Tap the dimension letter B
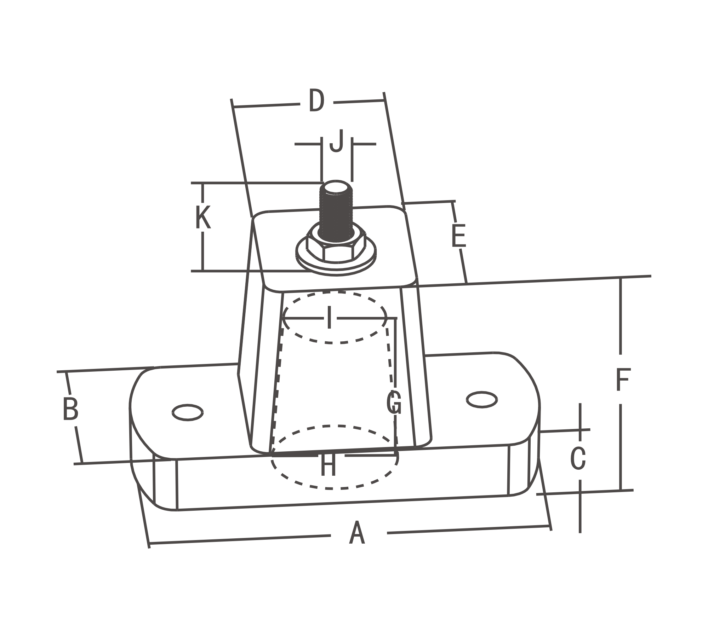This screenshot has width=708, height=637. coord(70,409)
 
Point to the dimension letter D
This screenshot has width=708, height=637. coord(316,100)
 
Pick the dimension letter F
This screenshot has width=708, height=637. coord(623,380)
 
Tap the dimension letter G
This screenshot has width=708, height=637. coord(394,403)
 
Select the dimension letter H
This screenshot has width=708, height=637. coord(328,464)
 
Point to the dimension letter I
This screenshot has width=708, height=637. coord(329,318)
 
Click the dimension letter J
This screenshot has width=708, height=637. coord(336,140)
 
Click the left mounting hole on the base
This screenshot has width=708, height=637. coord(187,412)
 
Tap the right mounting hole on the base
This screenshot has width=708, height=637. coord(482,400)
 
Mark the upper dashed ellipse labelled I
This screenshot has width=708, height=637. coord(335,317)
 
